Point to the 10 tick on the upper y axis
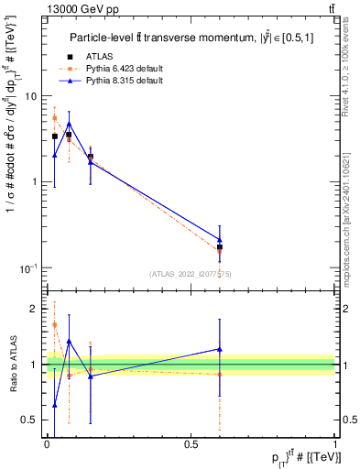[31, 96]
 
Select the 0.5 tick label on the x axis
[191, 444]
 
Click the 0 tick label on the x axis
[47, 444]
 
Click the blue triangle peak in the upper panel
[69, 124]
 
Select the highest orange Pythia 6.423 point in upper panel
[54, 117]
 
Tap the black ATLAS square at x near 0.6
[220, 247]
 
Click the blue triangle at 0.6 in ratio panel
[220, 349]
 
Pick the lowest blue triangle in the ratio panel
[54, 405]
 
